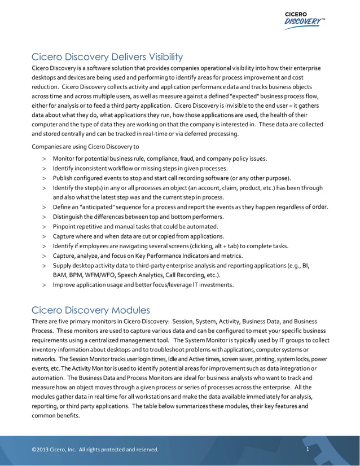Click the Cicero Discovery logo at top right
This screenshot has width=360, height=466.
(x=304, y=19)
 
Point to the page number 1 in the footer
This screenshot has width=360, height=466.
(x=308, y=450)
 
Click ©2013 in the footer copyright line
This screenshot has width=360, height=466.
(x=41, y=450)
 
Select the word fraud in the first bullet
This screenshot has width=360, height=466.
(x=186, y=159)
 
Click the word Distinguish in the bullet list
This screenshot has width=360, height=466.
(x=69, y=217)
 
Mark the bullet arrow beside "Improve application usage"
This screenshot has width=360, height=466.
(x=43, y=285)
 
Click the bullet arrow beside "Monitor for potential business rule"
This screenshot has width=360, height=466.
(x=43, y=159)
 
